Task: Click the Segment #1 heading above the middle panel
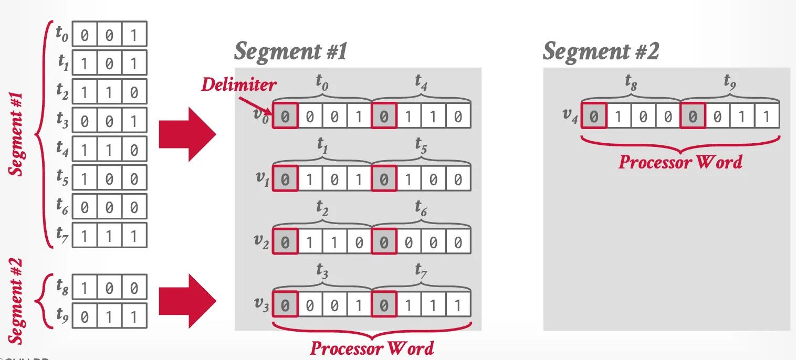290,52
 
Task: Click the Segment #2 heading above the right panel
600,52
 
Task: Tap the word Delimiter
239,84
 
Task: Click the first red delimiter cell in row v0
285,116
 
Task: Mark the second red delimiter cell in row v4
693,115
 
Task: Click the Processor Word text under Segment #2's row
680,162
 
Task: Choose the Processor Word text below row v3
372,347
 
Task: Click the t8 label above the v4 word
631,81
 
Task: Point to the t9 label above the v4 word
730,81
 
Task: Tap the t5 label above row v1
421,146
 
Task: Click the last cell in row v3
458,305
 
